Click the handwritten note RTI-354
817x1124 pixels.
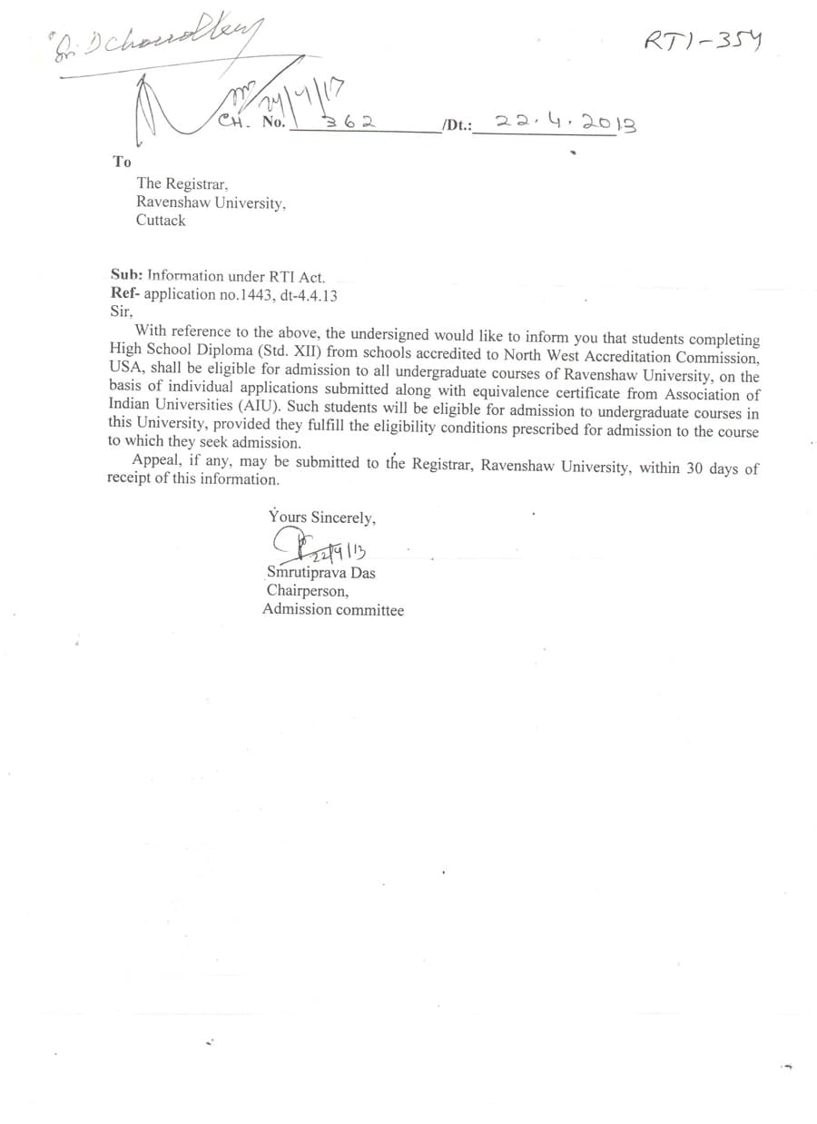tap(702, 41)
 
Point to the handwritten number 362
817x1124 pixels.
tap(351, 121)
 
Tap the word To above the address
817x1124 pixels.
tap(122, 162)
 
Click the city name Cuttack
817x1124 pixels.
tap(161, 221)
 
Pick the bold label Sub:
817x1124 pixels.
tap(126, 276)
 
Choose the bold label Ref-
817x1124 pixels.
tap(125, 294)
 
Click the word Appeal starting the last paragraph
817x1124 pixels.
tap(156, 460)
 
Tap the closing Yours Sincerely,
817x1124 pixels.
tap(321, 518)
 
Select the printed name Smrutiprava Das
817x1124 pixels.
tap(320, 574)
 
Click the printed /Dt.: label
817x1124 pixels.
tap(457, 126)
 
